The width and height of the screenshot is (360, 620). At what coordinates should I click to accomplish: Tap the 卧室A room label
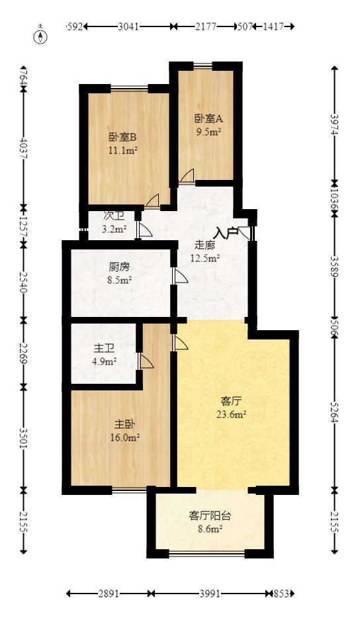tap(208, 119)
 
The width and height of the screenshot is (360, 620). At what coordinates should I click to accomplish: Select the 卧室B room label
tap(123, 138)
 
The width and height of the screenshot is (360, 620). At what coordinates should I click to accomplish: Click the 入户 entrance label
tap(226, 232)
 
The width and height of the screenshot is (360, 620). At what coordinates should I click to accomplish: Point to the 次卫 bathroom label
tap(114, 216)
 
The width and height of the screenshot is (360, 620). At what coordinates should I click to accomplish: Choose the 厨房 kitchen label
tap(119, 267)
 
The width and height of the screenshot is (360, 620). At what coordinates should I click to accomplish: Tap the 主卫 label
tap(105, 348)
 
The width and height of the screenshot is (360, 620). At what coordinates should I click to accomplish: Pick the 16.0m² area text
tap(124, 437)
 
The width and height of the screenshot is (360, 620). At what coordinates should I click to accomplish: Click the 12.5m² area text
tap(205, 258)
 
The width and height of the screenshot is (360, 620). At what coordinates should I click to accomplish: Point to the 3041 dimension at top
tap(128, 26)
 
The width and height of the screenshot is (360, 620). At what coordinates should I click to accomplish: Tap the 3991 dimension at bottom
tap(210, 594)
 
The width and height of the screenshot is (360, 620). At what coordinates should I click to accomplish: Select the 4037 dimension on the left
tap(24, 152)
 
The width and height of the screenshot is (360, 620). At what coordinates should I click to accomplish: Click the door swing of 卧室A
tap(187, 176)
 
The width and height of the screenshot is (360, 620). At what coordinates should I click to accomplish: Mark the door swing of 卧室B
tap(153, 200)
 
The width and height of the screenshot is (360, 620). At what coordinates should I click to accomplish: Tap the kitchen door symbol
tap(179, 276)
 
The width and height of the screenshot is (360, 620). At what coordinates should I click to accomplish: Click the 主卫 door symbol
tap(146, 361)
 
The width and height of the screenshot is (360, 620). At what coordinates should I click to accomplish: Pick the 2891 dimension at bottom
tap(109, 594)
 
